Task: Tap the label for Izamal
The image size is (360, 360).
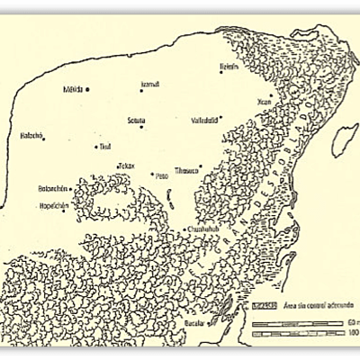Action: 149,84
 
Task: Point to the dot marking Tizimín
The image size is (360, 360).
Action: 221,72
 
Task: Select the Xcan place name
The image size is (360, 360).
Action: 263,102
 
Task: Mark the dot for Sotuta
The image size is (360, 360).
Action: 141,127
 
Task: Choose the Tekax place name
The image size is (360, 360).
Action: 126,166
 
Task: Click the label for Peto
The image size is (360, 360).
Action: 162,176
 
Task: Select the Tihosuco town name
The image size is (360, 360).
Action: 186,168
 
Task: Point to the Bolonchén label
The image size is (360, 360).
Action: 52,189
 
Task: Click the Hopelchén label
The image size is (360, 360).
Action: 53,205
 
